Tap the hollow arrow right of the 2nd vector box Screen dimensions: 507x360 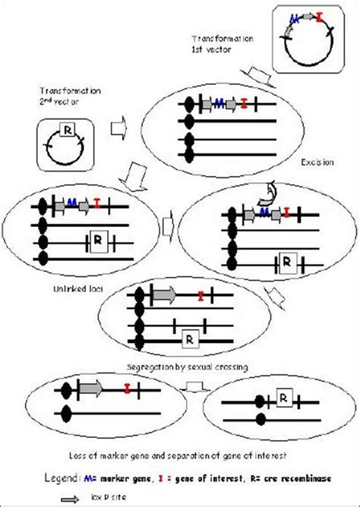coord(118,128)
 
